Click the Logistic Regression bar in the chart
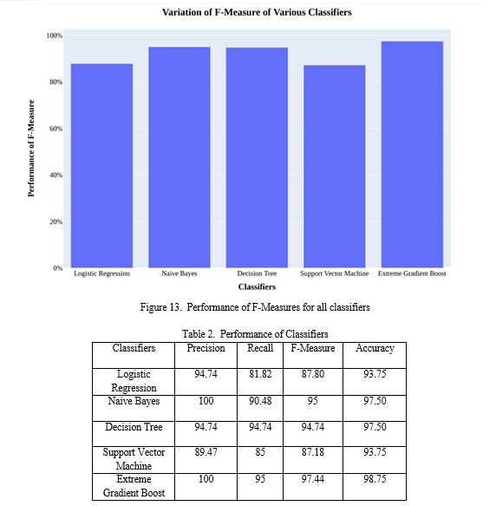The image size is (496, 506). (102, 166)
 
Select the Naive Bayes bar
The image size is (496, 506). (179, 157)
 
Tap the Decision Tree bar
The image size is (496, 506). (257, 157)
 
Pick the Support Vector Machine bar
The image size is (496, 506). (335, 166)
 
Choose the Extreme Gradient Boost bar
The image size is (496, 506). (412, 154)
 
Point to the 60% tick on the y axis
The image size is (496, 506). (55, 128)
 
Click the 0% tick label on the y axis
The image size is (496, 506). (58, 268)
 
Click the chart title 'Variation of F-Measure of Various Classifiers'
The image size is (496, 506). (257, 12)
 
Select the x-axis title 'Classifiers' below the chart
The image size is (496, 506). (257, 286)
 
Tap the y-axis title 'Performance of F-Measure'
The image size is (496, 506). (30, 148)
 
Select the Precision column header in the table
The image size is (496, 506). (206, 348)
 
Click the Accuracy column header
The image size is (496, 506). (375, 348)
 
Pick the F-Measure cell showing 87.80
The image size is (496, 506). (313, 374)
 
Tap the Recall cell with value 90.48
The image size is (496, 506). (260, 401)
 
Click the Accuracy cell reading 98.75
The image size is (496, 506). (375, 478)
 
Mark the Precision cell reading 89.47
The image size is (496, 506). (206, 452)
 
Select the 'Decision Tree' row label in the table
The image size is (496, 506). (134, 427)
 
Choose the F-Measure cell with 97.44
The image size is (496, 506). (313, 478)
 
